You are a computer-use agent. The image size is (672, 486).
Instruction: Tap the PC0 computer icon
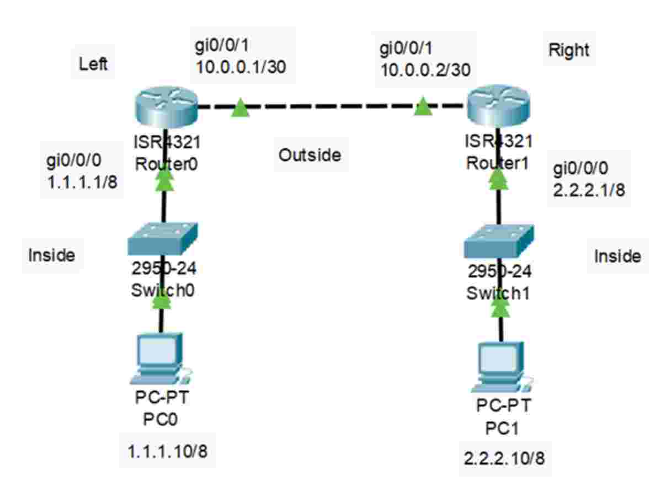(161, 361)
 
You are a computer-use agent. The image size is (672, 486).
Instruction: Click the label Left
(93, 64)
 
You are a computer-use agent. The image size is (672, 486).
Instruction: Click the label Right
(568, 50)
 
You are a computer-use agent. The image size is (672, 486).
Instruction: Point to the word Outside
(310, 155)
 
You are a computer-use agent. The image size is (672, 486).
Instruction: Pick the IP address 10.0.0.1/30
(241, 67)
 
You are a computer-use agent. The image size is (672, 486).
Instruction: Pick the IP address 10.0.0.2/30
(425, 68)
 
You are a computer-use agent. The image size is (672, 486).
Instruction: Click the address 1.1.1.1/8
(82, 183)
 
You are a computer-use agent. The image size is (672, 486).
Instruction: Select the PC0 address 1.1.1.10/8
(168, 452)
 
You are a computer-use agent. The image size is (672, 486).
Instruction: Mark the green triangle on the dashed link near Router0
(240, 108)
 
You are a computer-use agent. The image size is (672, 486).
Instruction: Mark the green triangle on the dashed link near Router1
(423, 107)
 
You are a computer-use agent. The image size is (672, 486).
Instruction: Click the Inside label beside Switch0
(51, 255)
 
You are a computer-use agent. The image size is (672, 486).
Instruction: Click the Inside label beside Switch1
(617, 256)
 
